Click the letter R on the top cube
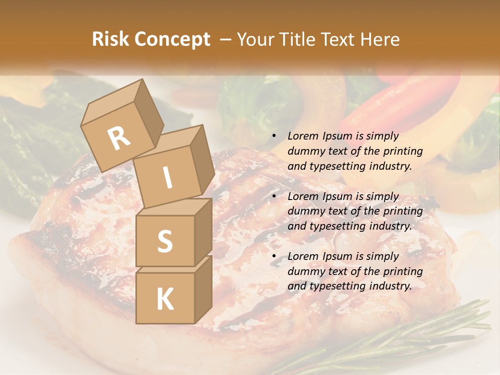tap(119, 139)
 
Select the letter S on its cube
tap(165, 241)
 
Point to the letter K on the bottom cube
tap(165, 299)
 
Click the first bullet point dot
tap(274, 136)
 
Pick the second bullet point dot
tap(274, 197)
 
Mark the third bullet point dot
tap(274, 257)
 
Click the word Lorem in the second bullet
tap(303, 196)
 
